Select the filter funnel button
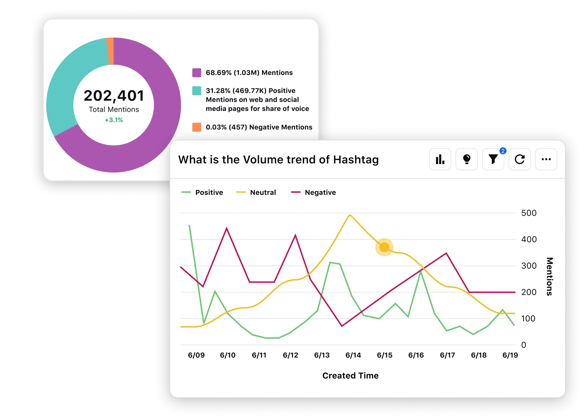[x=493, y=159]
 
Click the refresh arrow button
[x=520, y=159]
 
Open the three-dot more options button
[x=546, y=159]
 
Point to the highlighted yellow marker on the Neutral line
[x=384, y=247]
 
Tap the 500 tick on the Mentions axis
[x=529, y=213]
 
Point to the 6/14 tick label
[x=353, y=355]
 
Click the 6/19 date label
[x=510, y=355]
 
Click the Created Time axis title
[x=350, y=376]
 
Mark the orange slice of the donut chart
[x=110, y=51]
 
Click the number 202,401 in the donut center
[x=114, y=96]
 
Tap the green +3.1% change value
[x=114, y=120]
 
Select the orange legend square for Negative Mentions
[x=197, y=127]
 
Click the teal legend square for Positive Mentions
[x=197, y=91]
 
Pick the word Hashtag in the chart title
[x=356, y=160]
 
